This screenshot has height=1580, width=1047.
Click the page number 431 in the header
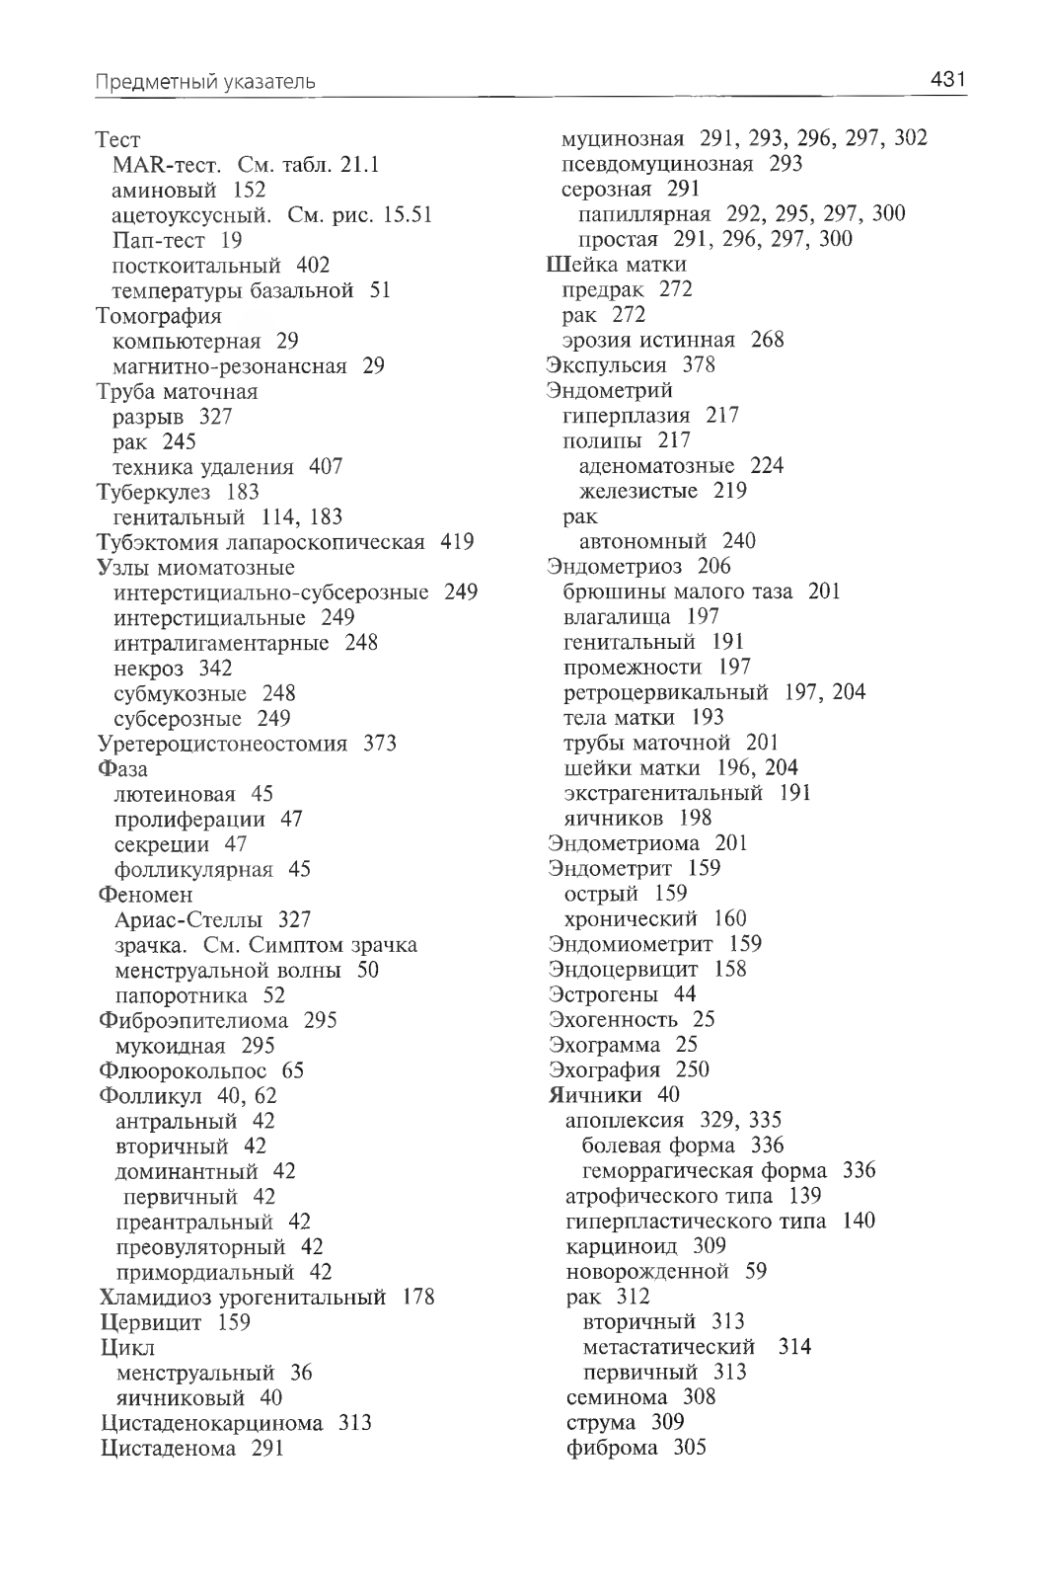[x=946, y=80]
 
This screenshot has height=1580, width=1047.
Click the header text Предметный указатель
[x=205, y=82]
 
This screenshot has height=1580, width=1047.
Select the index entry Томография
[x=159, y=316]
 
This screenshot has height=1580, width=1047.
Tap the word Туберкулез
[x=153, y=492]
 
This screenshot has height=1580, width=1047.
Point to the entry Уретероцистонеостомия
[x=223, y=744]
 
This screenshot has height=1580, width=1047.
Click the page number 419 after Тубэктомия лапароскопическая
[x=457, y=542]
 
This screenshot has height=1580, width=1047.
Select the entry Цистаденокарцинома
[x=212, y=1423]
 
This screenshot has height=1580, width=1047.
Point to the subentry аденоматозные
[x=656, y=466]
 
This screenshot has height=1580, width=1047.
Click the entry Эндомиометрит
[x=631, y=944]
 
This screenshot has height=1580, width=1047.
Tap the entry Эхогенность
[x=613, y=1019]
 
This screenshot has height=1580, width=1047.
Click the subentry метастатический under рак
[x=669, y=1347]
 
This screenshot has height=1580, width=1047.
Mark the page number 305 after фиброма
[x=690, y=1449]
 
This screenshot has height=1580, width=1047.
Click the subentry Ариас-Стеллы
[x=188, y=919]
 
